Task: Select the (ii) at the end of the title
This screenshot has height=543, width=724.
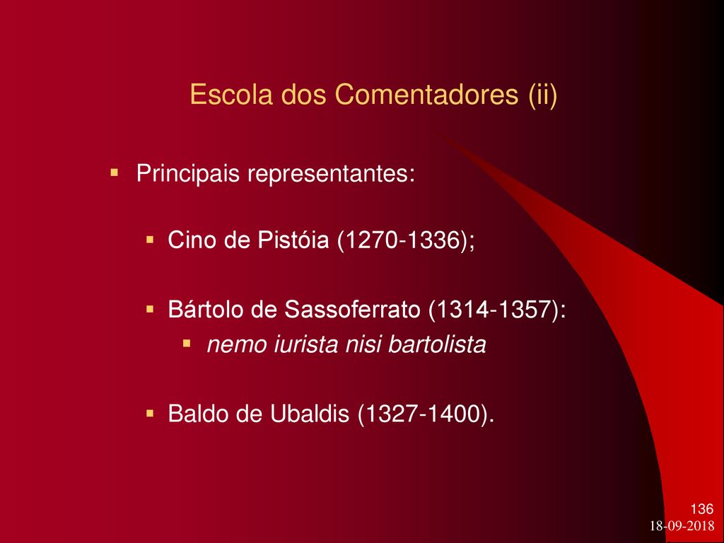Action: (543, 95)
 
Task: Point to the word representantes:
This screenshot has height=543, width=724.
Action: (331, 175)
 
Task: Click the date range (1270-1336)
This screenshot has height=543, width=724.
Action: (402, 240)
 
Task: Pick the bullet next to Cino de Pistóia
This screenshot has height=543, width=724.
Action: (150, 240)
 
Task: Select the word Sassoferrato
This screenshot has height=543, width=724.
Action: (352, 309)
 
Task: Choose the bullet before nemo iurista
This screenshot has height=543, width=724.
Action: (187, 344)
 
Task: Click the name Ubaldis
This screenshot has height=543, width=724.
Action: (310, 413)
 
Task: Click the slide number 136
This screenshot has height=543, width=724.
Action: (702, 509)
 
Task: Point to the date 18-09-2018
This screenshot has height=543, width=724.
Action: (682, 525)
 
